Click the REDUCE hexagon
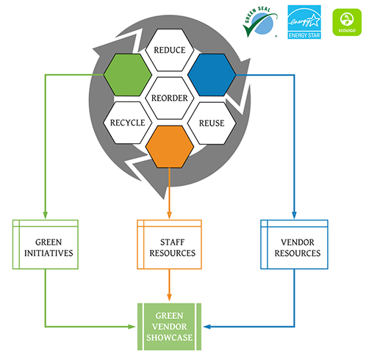pos(170,50)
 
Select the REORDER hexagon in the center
pos(170,98)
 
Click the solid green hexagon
pos(128,73)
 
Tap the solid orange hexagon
pos(170,146)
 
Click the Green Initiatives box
pos(46,245)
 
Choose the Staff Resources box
pos(170,245)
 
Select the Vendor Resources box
pos(294,245)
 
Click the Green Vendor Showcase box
pos(170,325)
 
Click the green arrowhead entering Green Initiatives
pos(46,215)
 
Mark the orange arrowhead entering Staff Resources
pos(170,215)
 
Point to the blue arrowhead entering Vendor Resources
pos(294,215)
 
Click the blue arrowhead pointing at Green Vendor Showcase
pos(207,325)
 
